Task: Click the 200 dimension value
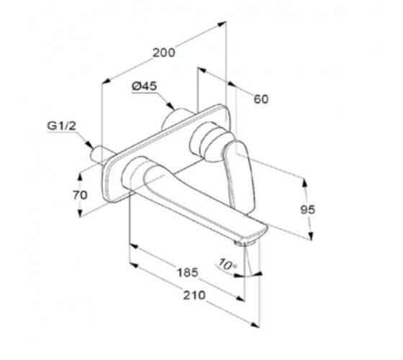[164, 53]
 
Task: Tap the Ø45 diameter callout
[144, 86]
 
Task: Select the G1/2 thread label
[62, 126]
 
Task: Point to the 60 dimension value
[261, 99]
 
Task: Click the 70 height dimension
[80, 195]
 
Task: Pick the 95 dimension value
[308, 210]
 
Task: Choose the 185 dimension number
[188, 273]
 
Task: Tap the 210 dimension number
[194, 295]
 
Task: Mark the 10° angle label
[227, 264]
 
